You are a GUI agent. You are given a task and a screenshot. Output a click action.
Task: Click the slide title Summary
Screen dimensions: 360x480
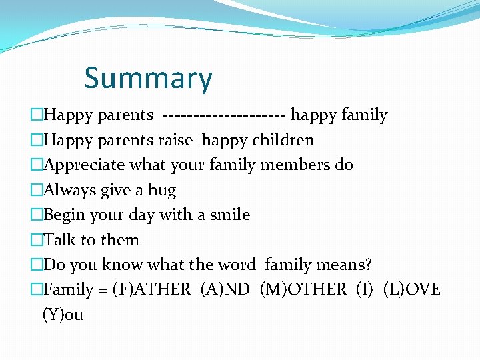(x=148, y=78)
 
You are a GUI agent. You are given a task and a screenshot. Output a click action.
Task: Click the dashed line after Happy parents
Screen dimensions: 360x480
(x=224, y=115)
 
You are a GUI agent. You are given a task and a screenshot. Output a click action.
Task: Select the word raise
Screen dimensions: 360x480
(x=177, y=140)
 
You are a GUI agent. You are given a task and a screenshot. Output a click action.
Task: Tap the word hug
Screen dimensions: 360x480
(x=162, y=191)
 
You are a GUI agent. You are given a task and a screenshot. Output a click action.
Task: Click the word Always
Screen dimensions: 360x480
(x=70, y=190)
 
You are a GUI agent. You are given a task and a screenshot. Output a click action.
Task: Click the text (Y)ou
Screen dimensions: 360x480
(x=63, y=315)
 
